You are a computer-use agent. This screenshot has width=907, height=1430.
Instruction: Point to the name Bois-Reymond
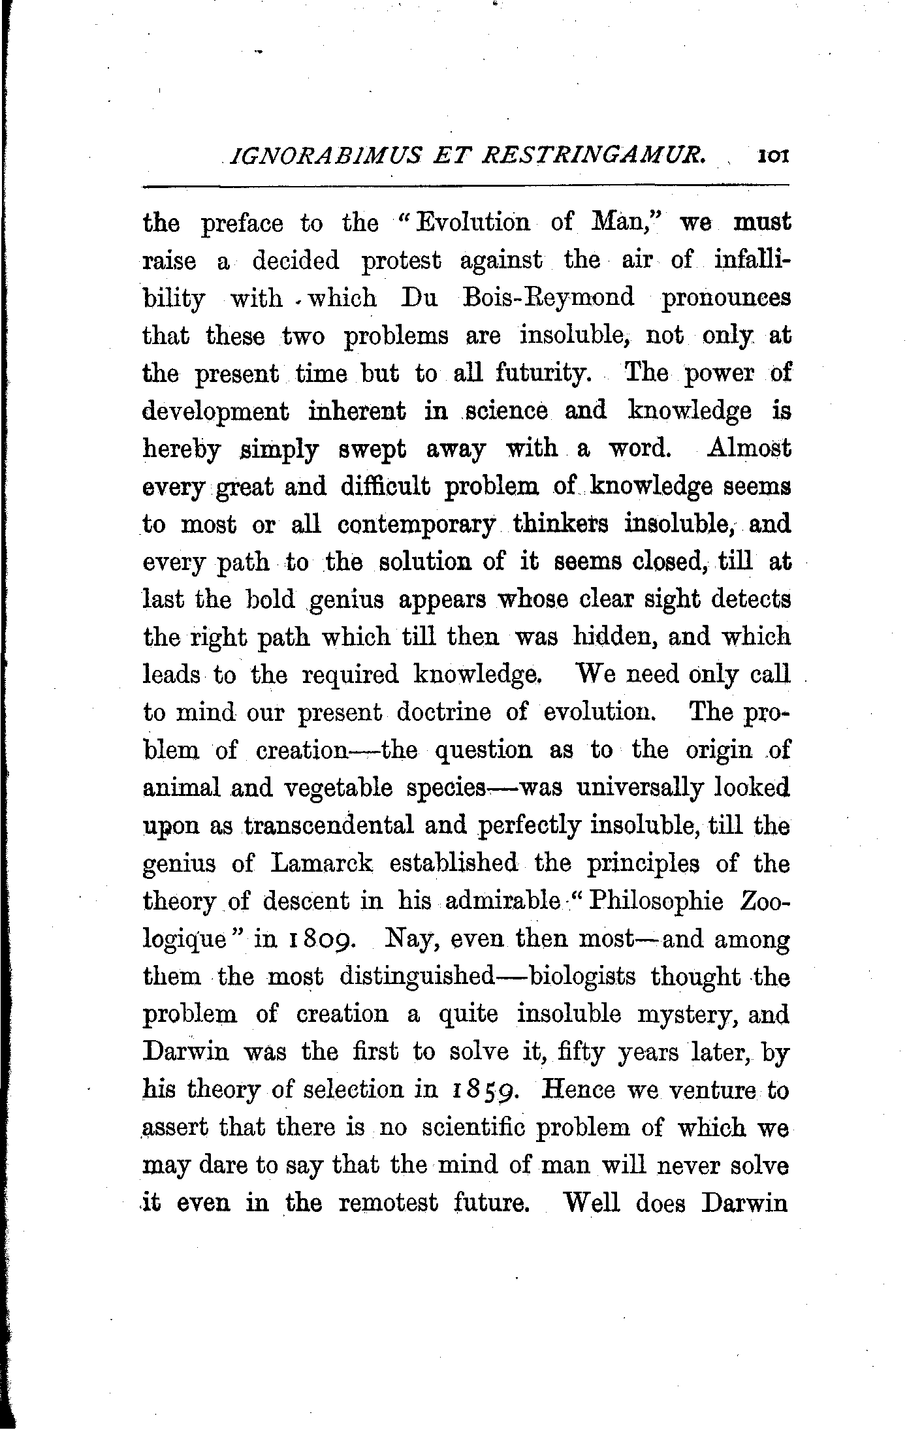547,298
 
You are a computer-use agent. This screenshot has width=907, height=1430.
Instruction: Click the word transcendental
328,826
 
